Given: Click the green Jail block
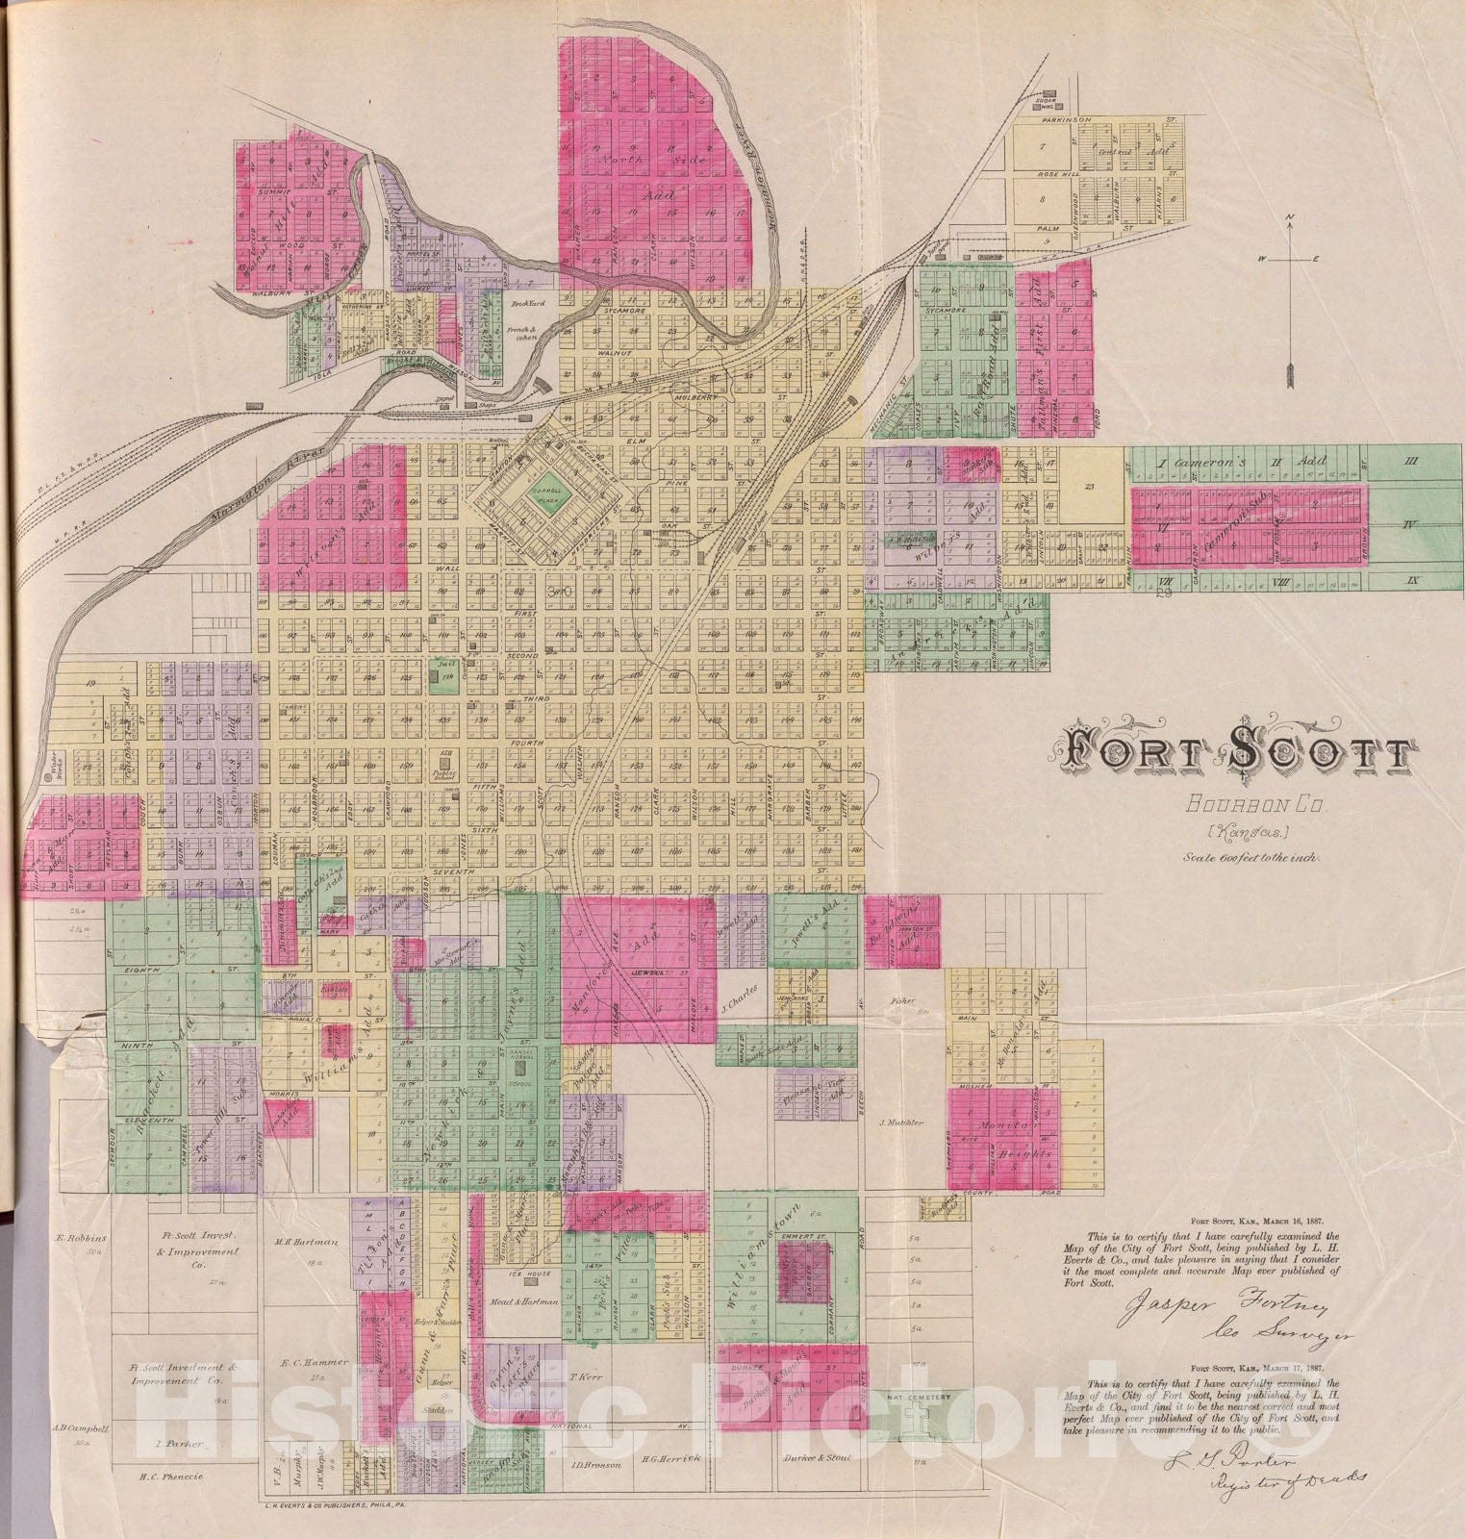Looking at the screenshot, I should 443,679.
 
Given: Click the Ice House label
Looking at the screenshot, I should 531,1274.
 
